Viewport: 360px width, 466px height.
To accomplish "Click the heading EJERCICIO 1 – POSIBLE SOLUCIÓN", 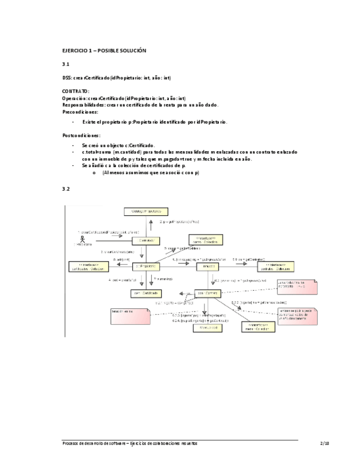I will (104, 51).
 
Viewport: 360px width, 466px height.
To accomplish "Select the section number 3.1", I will (65, 64).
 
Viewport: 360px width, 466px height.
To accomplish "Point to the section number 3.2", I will (65, 188).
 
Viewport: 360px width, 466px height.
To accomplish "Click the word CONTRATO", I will (76, 91).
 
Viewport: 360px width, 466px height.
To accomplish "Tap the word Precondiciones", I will (80, 112).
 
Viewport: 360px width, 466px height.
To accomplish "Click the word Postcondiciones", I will (81, 135).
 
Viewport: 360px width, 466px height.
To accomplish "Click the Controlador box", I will (146, 240).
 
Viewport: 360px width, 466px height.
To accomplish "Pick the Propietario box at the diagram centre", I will (146, 266).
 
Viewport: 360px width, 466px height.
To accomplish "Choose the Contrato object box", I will (203, 294).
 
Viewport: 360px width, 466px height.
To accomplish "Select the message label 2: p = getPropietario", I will (180, 222).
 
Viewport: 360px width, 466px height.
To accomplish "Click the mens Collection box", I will (255, 327).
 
